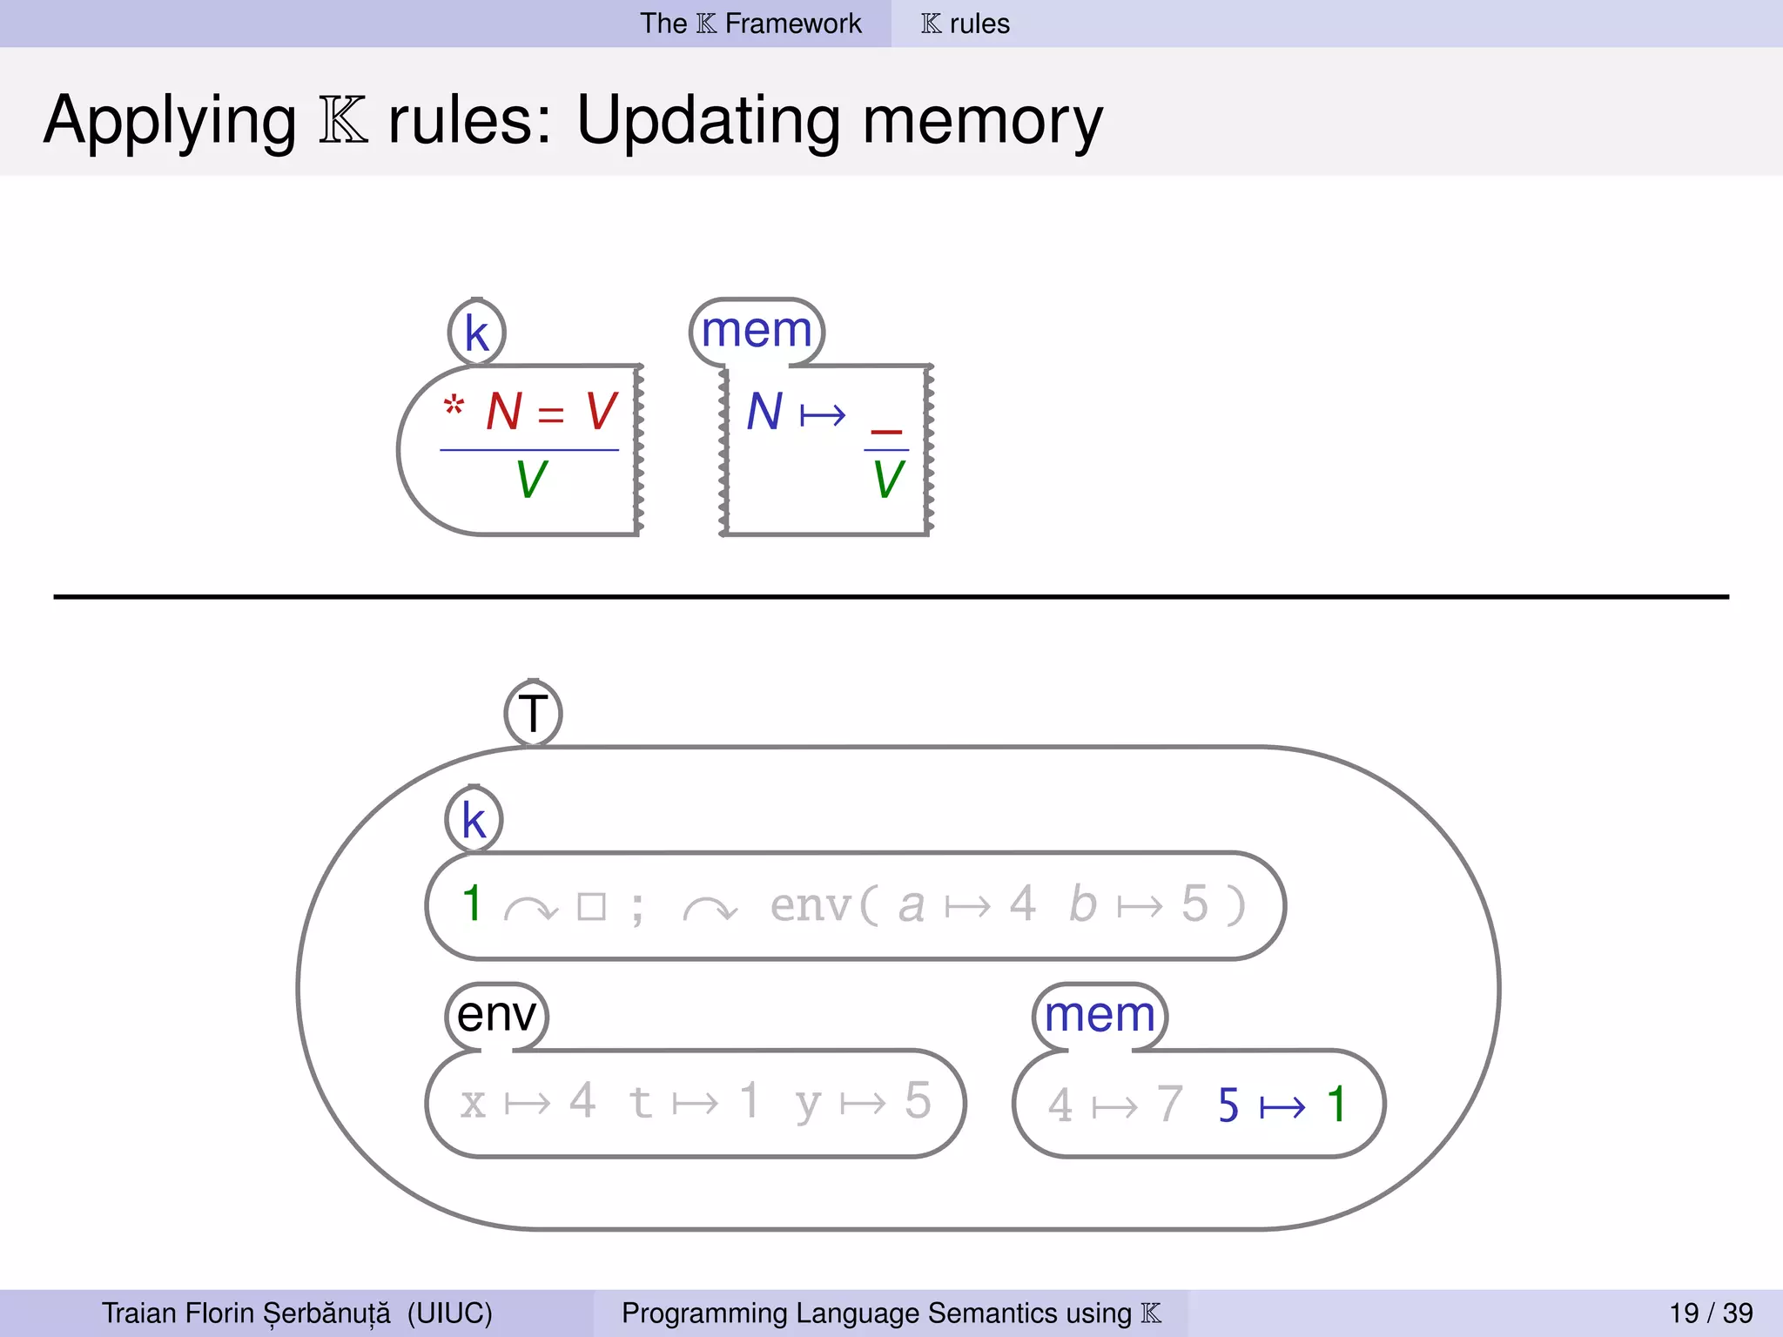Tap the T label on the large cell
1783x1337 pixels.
(x=533, y=714)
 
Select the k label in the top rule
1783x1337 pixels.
(x=476, y=333)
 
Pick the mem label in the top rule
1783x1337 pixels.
(x=756, y=331)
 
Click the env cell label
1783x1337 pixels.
(x=496, y=1015)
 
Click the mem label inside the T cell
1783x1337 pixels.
(x=1100, y=1015)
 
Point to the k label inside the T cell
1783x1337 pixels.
(x=474, y=820)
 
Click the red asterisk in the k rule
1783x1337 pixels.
(x=454, y=406)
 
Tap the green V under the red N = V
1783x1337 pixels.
(x=531, y=480)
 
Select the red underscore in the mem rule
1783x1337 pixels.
(x=886, y=430)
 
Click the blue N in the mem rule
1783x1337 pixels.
(x=764, y=412)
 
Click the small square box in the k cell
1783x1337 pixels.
(x=592, y=907)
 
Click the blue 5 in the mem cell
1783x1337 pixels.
(x=1228, y=1105)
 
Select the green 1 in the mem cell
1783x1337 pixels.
(x=1336, y=1105)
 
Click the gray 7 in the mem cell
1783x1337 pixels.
(x=1169, y=1105)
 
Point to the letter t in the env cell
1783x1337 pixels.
(x=640, y=1102)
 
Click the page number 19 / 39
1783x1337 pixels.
(x=1711, y=1313)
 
